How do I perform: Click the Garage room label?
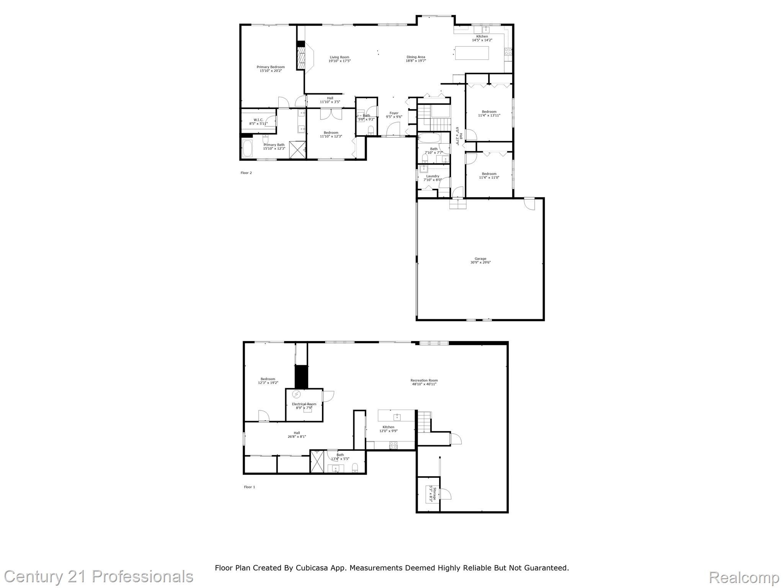(x=480, y=260)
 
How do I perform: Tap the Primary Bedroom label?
(x=271, y=69)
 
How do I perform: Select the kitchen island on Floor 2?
(x=472, y=53)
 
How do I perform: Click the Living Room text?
(x=339, y=59)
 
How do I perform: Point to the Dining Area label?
(x=416, y=59)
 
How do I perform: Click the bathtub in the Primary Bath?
(x=247, y=149)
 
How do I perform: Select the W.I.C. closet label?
(x=258, y=121)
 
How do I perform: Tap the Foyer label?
(x=394, y=115)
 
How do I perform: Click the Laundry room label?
(x=433, y=178)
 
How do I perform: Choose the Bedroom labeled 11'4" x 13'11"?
(x=489, y=113)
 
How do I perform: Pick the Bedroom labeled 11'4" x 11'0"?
(x=489, y=175)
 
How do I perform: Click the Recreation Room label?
(x=424, y=382)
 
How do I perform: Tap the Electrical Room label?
(x=304, y=406)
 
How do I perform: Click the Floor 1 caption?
(x=249, y=487)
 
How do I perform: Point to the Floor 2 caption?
(x=246, y=173)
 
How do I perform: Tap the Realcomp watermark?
(x=744, y=577)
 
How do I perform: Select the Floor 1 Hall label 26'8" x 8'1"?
(x=297, y=434)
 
